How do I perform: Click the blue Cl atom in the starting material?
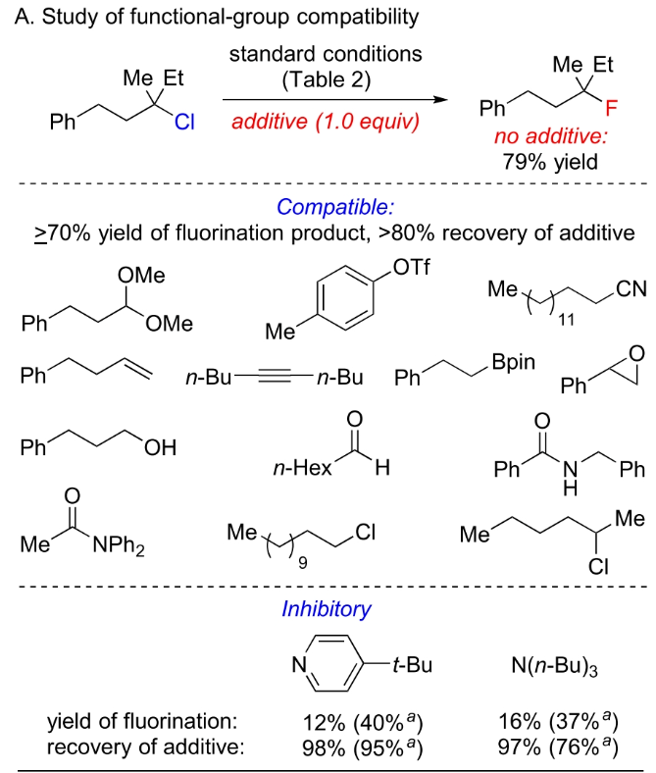point(184,124)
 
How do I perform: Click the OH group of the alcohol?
point(160,447)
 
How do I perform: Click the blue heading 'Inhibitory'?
point(327,608)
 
